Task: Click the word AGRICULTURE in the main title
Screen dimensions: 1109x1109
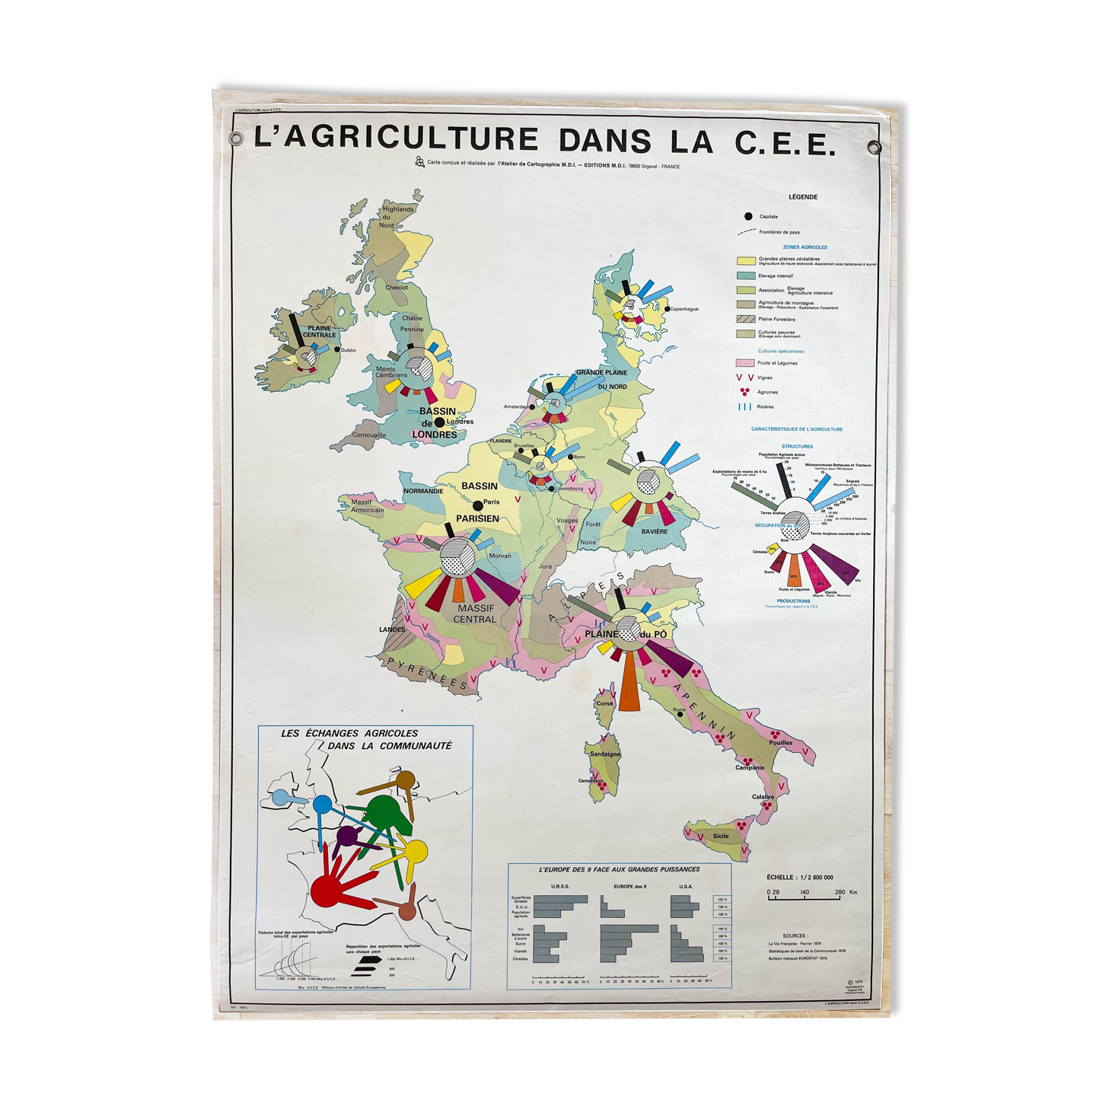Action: [395, 139]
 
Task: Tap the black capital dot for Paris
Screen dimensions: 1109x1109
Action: [478, 505]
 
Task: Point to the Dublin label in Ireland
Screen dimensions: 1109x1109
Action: [349, 351]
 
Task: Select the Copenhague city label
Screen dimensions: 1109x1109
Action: [684, 309]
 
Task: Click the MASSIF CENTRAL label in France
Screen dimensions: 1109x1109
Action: [475, 614]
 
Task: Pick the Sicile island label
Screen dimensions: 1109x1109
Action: [720, 836]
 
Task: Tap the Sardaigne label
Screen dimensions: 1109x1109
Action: [605, 754]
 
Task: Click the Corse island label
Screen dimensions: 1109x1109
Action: [604, 703]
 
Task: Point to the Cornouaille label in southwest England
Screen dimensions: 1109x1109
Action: [369, 435]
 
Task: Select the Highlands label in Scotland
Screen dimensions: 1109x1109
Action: [398, 209]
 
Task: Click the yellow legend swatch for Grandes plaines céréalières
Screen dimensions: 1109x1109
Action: [745, 261]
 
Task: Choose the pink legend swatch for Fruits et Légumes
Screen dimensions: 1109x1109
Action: [745, 363]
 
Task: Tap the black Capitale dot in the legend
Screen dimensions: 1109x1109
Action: [748, 216]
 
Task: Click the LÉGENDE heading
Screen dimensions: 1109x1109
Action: [803, 197]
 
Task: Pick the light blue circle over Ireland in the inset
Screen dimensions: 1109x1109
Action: [280, 798]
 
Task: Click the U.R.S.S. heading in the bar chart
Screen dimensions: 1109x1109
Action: [559, 887]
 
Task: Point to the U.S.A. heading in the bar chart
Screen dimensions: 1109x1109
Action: [685, 887]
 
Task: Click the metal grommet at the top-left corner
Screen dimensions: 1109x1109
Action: [236, 139]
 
